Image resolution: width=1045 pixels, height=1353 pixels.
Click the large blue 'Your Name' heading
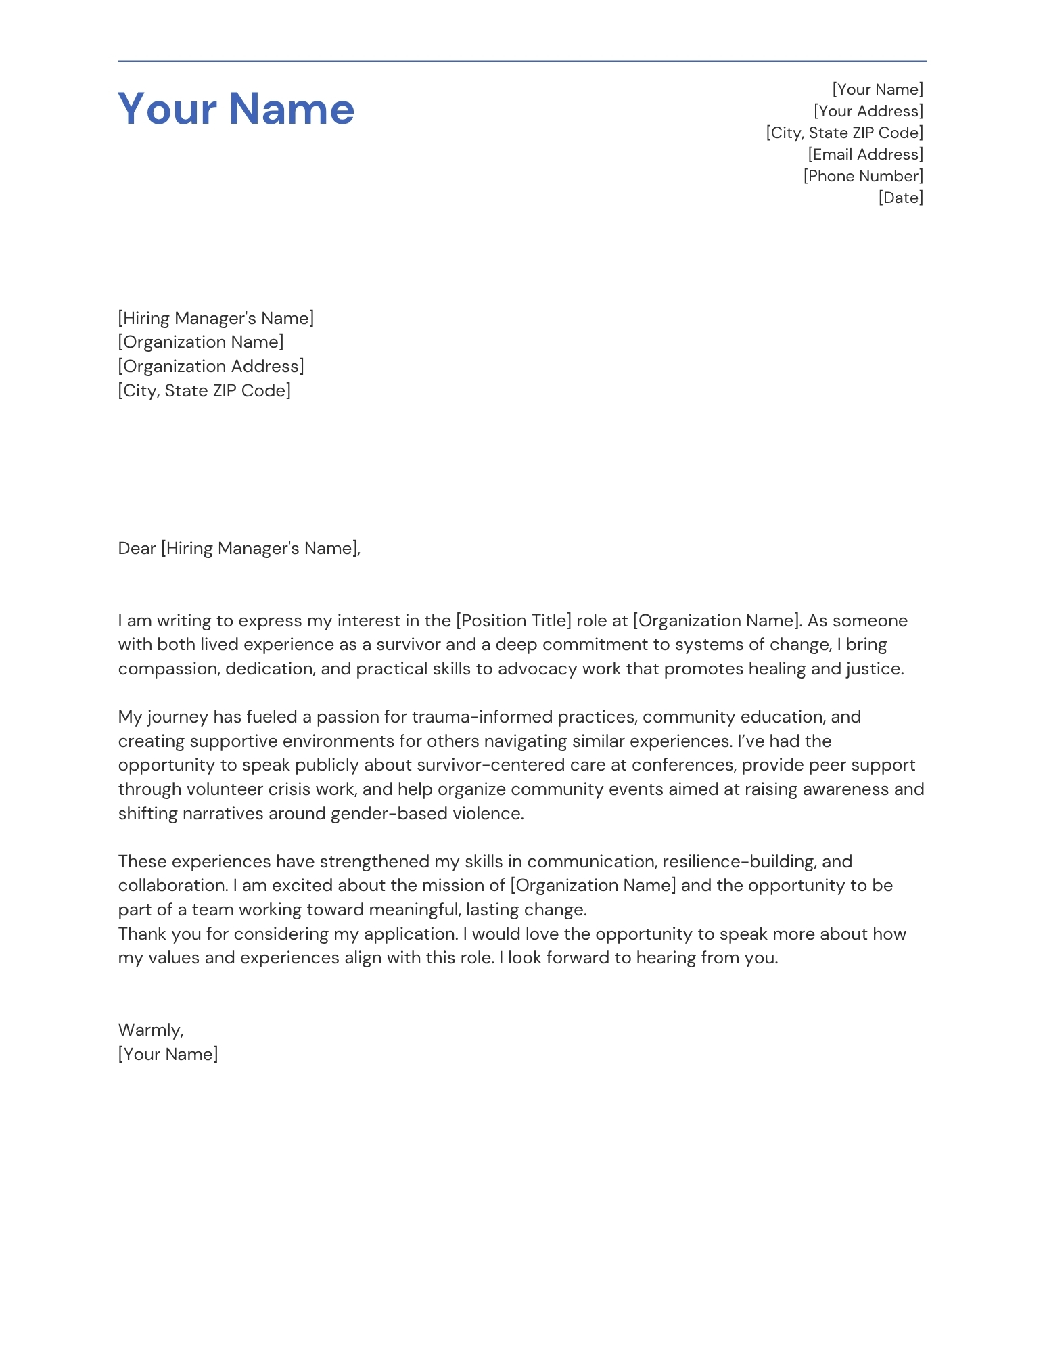click(x=236, y=108)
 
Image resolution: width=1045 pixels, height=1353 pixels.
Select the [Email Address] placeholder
click(x=865, y=154)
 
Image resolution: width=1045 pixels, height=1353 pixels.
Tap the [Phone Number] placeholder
click(x=863, y=176)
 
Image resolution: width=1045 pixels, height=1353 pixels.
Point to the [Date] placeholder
click(x=900, y=198)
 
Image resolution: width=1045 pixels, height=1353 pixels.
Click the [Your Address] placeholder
click(x=868, y=111)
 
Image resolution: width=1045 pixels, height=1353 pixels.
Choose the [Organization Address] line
click(x=210, y=366)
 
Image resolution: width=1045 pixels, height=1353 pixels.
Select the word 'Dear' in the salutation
click(x=137, y=548)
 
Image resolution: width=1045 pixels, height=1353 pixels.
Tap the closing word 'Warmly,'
click(x=151, y=1030)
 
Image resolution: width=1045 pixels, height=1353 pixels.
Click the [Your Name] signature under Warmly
click(x=168, y=1054)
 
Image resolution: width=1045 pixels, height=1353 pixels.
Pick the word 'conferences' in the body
click(x=683, y=765)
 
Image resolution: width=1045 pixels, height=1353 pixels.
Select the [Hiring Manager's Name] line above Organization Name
click(x=216, y=318)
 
